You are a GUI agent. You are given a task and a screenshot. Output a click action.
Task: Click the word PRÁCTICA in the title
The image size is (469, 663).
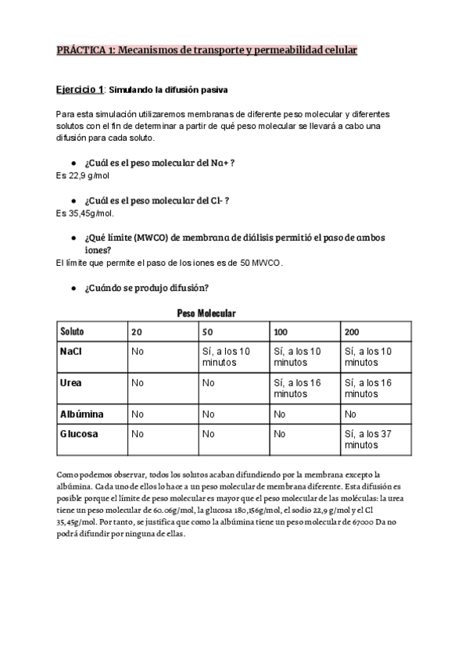[84, 50]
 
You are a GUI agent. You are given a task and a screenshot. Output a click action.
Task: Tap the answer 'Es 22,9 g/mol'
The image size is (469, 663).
[83, 176]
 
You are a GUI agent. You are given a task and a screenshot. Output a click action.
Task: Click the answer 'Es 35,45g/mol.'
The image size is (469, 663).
[85, 213]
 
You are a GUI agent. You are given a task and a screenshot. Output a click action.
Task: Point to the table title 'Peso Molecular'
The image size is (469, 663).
[206, 313]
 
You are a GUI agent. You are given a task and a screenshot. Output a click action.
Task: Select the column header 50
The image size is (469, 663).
[207, 332]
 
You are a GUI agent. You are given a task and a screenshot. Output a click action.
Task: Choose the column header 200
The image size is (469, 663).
[352, 332]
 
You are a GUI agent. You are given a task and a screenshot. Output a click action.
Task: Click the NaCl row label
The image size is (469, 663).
[71, 352]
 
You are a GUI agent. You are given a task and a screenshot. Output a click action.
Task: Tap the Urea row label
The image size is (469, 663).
[71, 383]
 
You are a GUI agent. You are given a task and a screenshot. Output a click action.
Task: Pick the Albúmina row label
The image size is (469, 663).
[81, 414]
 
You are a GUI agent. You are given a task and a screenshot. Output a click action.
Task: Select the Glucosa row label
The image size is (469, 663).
[79, 434]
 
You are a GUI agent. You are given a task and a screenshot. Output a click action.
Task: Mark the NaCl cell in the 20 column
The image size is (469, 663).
[138, 352]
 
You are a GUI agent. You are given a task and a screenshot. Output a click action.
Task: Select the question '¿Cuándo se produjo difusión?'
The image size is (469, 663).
[145, 288]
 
